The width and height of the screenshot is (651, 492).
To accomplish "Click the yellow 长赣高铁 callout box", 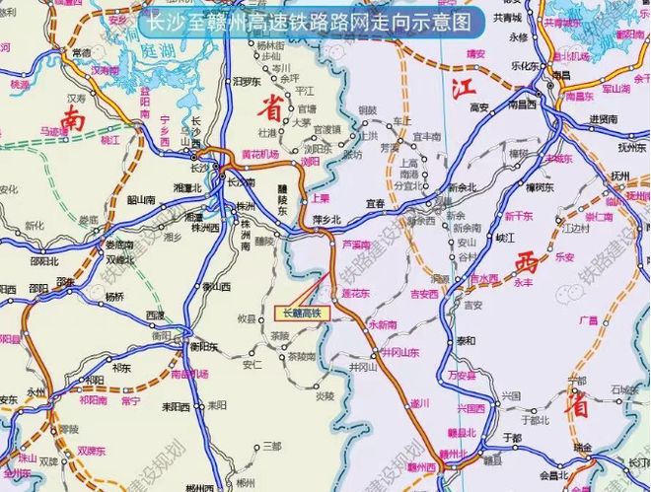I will (x=302, y=314).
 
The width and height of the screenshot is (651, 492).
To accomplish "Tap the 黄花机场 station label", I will (x=260, y=155).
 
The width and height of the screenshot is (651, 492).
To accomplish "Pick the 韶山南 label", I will (x=142, y=199).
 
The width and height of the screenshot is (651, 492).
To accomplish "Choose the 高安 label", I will (x=480, y=106).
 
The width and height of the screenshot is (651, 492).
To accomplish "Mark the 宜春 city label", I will (x=375, y=203).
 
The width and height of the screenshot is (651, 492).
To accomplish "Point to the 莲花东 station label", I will (x=355, y=293).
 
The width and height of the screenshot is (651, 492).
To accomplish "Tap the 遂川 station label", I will (x=421, y=402).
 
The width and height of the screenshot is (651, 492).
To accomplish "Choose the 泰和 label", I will (x=465, y=340).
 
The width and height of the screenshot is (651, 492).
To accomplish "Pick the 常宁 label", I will (x=130, y=401).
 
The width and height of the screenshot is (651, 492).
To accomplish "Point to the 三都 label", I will (x=271, y=447).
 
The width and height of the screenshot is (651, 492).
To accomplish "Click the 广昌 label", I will (x=589, y=319).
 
